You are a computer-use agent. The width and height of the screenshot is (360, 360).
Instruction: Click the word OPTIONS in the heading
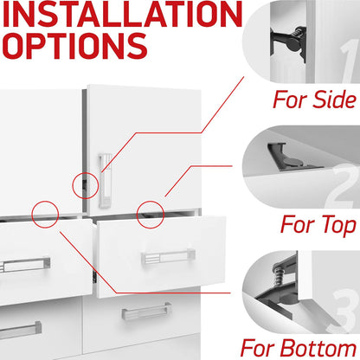click(x=75, y=46)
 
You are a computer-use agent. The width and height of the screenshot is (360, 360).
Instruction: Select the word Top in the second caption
click(x=338, y=225)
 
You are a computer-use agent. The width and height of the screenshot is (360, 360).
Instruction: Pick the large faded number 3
click(x=344, y=312)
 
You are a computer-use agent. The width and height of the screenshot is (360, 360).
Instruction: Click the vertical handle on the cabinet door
click(x=105, y=181)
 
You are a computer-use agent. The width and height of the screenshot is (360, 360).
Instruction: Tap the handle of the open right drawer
click(x=168, y=256)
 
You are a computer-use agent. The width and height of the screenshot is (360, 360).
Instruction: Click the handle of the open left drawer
click(x=24, y=264)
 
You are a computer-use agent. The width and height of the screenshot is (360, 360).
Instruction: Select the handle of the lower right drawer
click(x=146, y=311)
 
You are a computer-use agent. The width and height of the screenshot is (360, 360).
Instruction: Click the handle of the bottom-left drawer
click(x=20, y=330)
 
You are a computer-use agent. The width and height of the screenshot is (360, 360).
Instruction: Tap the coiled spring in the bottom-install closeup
click(x=279, y=276)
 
